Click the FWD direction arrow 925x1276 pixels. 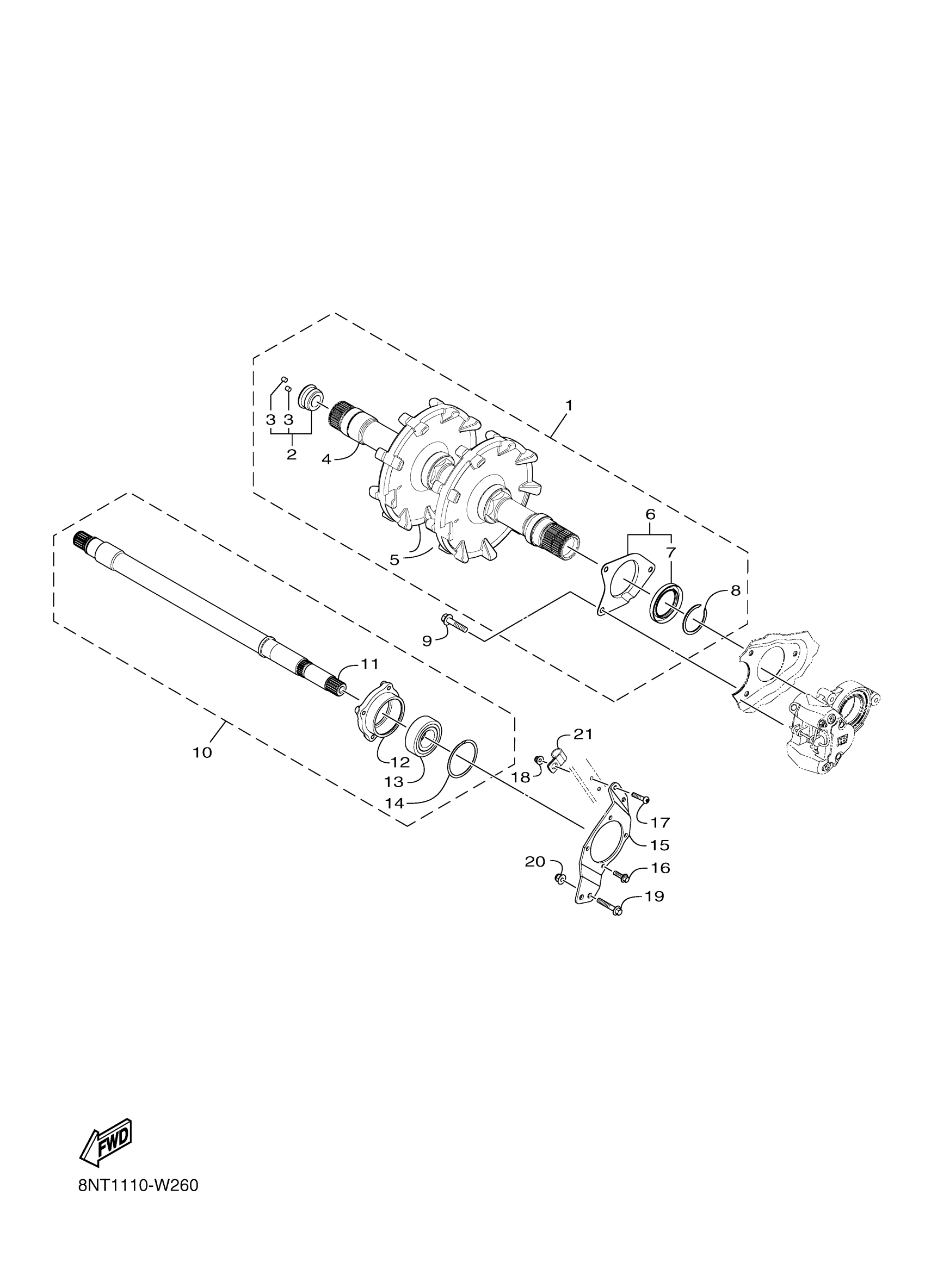(106, 1143)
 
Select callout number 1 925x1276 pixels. (569, 405)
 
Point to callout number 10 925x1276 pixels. (202, 752)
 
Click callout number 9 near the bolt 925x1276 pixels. (427, 640)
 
